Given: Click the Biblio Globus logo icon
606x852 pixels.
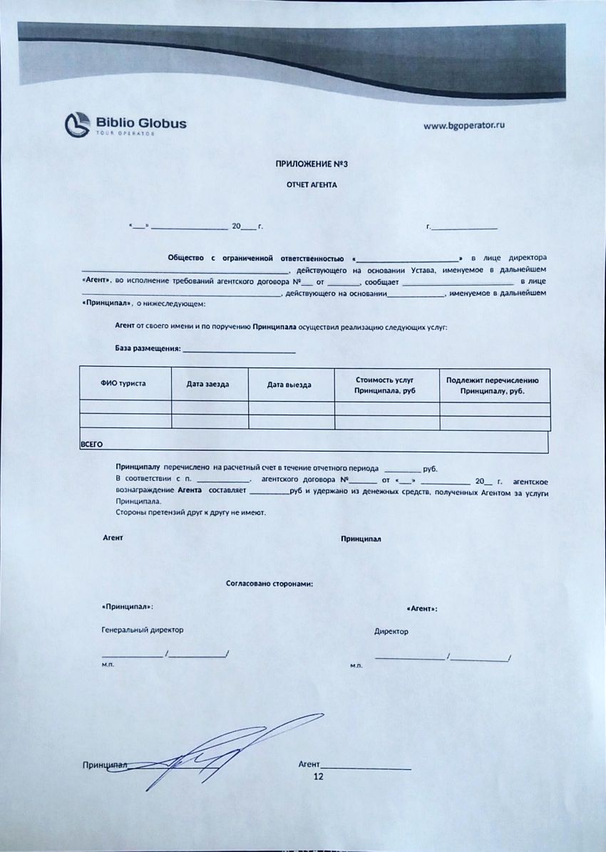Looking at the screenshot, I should pyautogui.click(x=78, y=124).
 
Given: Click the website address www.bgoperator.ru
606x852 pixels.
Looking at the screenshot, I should pyautogui.click(x=464, y=125).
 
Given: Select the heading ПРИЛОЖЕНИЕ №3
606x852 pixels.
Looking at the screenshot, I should pyautogui.click(x=312, y=164).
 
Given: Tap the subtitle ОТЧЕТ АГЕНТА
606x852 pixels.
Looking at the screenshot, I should pyautogui.click(x=312, y=184).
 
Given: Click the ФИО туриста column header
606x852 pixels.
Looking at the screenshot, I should pyautogui.click(x=123, y=383).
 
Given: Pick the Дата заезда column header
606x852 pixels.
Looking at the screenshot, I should pyautogui.click(x=207, y=384).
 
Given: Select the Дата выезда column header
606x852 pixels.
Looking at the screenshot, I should pyautogui.click(x=289, y=385).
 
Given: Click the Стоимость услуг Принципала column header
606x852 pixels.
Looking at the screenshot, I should pyautogui.click(x=384, y=385).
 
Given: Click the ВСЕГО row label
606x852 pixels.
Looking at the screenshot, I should pyautogui.click(x=91, y=444).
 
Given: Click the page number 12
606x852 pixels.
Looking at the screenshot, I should pyautogui.click(x=319, y=776).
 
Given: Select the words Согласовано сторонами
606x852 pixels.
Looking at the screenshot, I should pyautogui.click(x=269, y=583).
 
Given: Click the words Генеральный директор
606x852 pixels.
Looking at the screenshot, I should pyautogui.click(x=143, y=630).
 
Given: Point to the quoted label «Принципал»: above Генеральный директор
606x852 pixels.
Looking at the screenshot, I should pyautogui.click(x=128, y=607).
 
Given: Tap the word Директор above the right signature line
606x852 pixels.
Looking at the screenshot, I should pyautogui.click(x=391, y=631).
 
